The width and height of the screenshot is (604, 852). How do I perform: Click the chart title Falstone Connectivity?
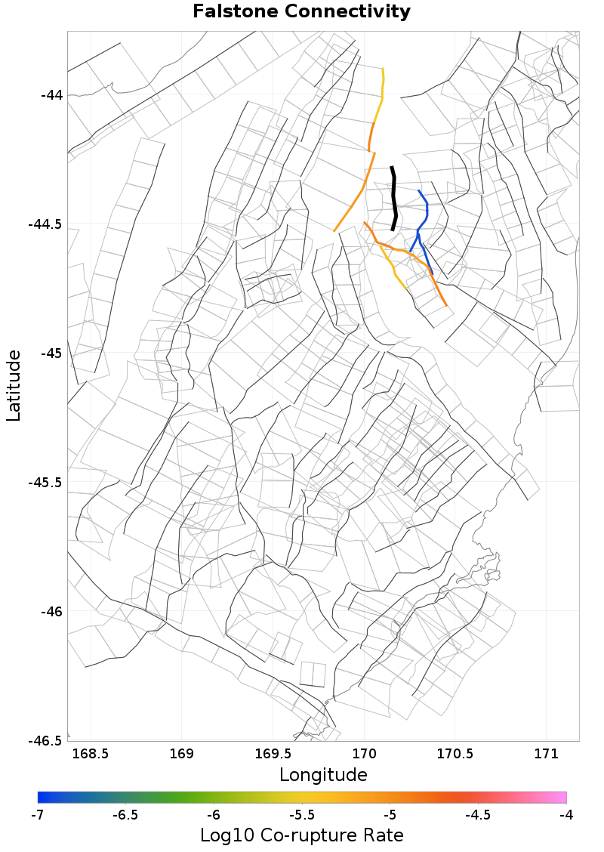pos(302,12)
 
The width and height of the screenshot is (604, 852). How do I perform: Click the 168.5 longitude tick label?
pos(91,754)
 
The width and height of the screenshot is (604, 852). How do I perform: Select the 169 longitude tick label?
pos(182,754)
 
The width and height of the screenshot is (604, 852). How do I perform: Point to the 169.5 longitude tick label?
pos(273,754)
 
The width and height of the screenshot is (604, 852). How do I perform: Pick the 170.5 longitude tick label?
pos(455,754)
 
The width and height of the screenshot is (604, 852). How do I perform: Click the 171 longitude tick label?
pos(546,754)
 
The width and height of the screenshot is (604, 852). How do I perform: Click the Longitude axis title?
pos(323,775)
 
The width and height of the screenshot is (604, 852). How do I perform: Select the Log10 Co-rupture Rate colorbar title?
pos(302,835)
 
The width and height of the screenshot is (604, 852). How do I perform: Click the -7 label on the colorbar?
pos(38,815)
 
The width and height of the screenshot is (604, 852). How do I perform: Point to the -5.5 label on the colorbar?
pos(302,815)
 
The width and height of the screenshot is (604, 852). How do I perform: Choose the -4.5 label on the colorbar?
pos(478,815)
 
